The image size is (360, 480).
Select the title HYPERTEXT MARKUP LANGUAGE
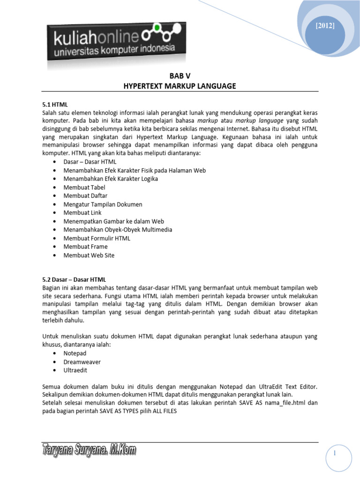tap(180, 86)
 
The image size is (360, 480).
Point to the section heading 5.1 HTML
tap(55, 105)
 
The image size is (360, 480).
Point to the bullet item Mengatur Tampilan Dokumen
tap(103, 204)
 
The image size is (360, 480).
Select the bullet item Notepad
tap(75, 353)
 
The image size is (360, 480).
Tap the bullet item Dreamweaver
tap(82, 361)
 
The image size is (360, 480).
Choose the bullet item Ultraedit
tap(75, 370)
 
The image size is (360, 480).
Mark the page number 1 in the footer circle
tap(336, 453)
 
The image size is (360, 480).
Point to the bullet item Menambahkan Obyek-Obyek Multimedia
tap(118, 230)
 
